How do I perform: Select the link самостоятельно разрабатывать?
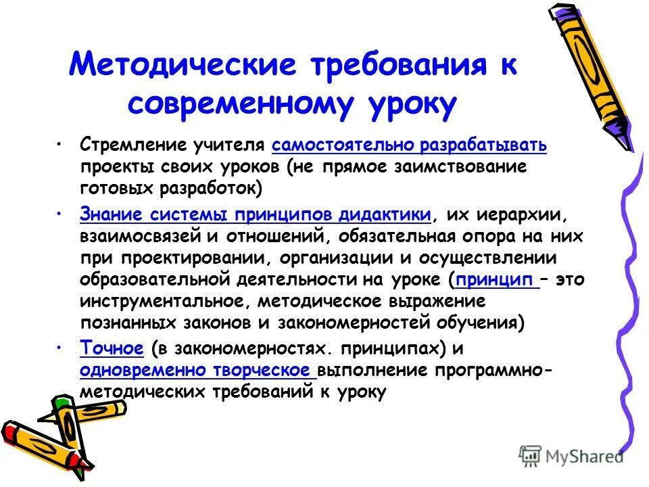[409, 145]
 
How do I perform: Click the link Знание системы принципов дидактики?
[256, 215]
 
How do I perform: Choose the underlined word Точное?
[112, 348]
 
